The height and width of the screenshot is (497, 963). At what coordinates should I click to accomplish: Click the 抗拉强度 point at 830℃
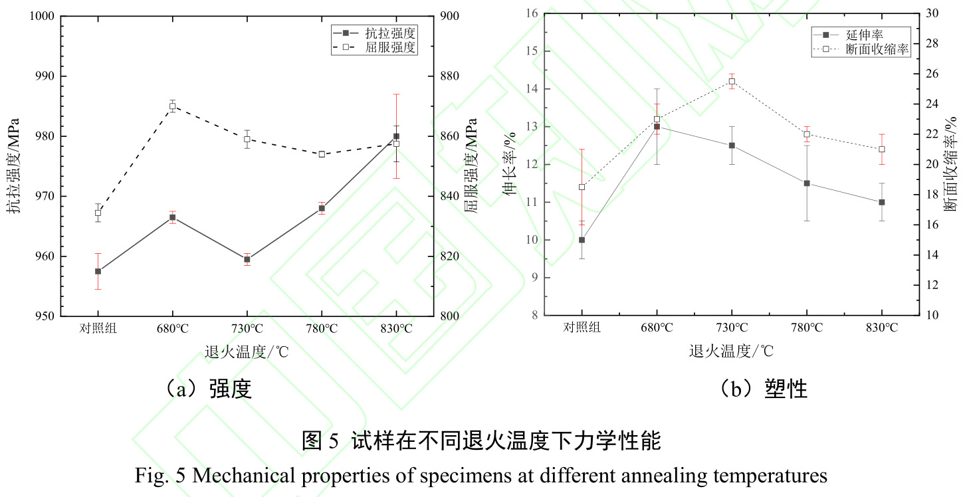(x=396, y=136)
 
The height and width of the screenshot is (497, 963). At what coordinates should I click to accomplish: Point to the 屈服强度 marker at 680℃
(x=172, y=106)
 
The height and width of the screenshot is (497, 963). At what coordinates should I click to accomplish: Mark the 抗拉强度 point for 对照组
(x=98, y=271)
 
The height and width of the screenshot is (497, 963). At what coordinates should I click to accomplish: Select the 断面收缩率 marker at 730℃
(x=732, y=82)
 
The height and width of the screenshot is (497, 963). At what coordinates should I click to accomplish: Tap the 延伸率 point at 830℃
(x=881, y=202)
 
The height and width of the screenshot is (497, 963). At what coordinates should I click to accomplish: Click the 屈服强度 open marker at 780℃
(x=322, y=154)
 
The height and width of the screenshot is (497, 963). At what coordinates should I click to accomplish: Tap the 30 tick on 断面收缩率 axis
(x=931, y=13)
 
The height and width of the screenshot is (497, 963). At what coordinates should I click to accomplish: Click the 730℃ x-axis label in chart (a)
(x=247, y=328)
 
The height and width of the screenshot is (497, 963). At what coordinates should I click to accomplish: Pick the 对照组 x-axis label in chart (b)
(x=582, y=328)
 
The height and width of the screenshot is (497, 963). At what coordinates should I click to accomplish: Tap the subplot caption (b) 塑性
(x=764, y=389)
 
